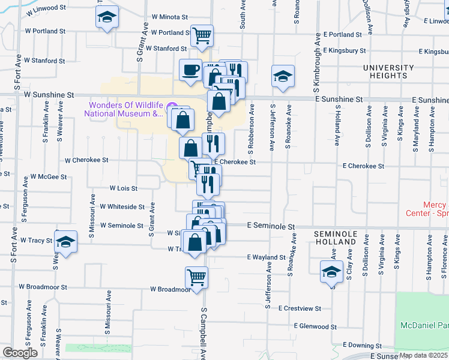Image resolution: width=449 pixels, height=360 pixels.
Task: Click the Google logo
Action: [x=20, y=353]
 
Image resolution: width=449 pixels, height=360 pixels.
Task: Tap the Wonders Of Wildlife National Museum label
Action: [x=124, y=108]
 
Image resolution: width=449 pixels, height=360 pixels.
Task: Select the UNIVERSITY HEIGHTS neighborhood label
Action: [x=388, y=72]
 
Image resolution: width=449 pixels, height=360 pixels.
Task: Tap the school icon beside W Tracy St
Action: [x=66, y=241]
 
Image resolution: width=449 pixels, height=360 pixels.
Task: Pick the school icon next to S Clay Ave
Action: [x=331, y=271]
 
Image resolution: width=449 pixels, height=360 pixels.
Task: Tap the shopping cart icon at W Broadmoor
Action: [x=196, y=277]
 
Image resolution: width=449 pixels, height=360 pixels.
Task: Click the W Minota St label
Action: [x=170, y=17]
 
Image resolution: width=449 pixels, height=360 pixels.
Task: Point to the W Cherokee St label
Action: [x=86, y=161]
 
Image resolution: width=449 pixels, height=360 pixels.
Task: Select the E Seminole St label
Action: [x=272, y=227]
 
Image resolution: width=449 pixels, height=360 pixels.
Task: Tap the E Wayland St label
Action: [x=266, y=257]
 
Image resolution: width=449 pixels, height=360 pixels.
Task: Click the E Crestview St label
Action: [x=300, y=308]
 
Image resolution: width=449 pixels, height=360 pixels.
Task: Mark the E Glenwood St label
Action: [x=315, y=326]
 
